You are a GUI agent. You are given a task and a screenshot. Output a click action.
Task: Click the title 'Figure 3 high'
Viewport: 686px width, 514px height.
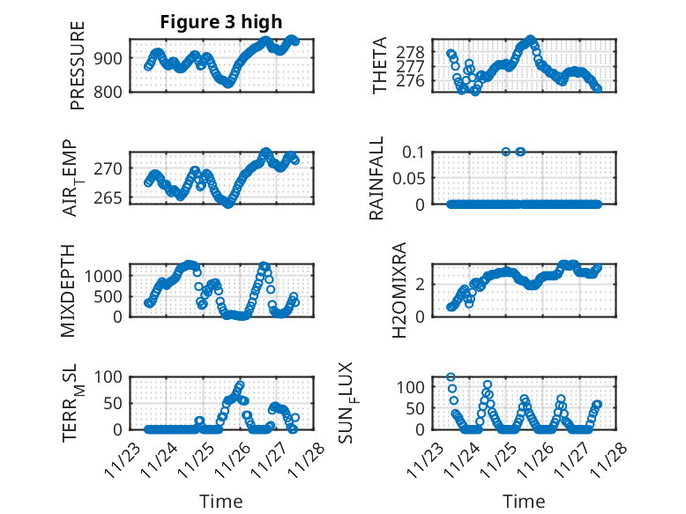point(220,22)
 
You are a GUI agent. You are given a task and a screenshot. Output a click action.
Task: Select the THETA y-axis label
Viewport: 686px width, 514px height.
point(381,64)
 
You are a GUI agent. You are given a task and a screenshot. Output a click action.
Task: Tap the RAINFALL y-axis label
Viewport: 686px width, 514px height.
point(377,176)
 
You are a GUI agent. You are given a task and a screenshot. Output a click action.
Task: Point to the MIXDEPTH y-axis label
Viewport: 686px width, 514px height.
point(69,289)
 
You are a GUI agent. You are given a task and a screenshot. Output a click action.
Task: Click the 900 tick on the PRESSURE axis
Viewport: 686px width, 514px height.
point(112,58)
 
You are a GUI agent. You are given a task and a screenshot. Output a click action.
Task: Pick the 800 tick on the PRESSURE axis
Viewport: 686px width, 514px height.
point(112,90)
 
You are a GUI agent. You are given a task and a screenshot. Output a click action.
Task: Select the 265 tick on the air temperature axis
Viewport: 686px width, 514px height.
point(112,197)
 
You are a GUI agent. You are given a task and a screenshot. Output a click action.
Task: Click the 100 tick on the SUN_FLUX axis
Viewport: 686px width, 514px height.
point(415,387)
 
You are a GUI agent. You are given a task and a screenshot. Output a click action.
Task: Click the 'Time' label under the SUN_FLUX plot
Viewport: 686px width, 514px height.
point(524,502)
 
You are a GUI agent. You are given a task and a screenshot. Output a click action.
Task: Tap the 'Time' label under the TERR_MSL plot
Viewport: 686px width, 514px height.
point(220,502)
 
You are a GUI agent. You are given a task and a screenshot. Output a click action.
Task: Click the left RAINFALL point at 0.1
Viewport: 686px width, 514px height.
point(506,152)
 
